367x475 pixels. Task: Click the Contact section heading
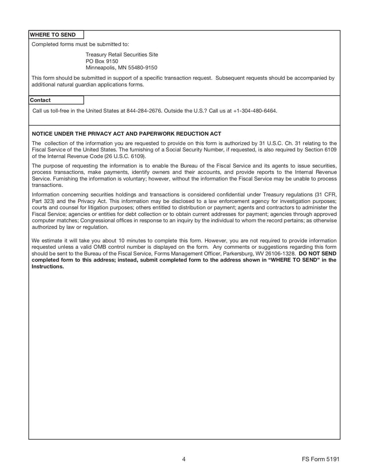pos(40,100)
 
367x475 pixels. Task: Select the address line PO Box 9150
pos(102,61)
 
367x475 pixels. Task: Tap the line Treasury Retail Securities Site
pos(122,54)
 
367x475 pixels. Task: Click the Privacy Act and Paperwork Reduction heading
pos(126,134)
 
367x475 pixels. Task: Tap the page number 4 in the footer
pos(183,459)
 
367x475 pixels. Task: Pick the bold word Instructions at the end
pos(47,266)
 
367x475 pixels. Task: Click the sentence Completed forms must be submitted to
pos(80,44)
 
